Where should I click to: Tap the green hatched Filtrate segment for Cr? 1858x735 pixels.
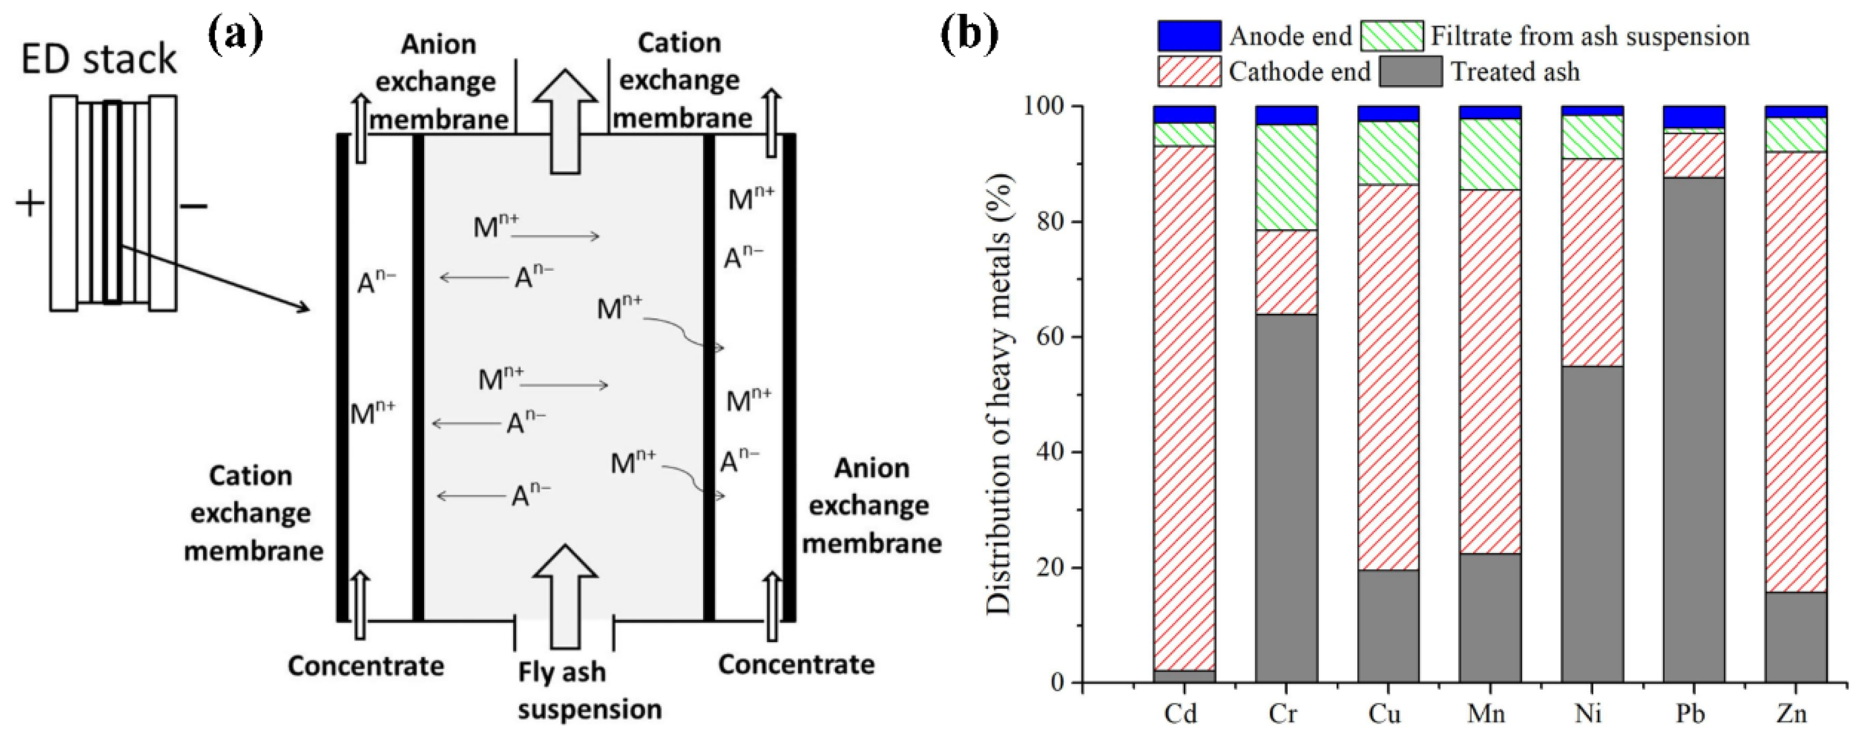click(x=1286, y=187)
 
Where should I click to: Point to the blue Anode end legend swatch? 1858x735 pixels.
click(x=1189, y=36)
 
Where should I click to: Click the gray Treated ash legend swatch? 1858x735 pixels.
click(x=1410, y=72)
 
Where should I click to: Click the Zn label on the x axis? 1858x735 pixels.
click(x=1795, y=713)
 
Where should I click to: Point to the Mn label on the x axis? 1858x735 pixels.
click(x=1488, y=713)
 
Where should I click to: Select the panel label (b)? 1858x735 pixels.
click(x=969, y=32)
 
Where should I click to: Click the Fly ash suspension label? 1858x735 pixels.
click(x=588, y=690)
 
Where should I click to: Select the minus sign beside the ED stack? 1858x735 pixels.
click(x=193, y=207)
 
